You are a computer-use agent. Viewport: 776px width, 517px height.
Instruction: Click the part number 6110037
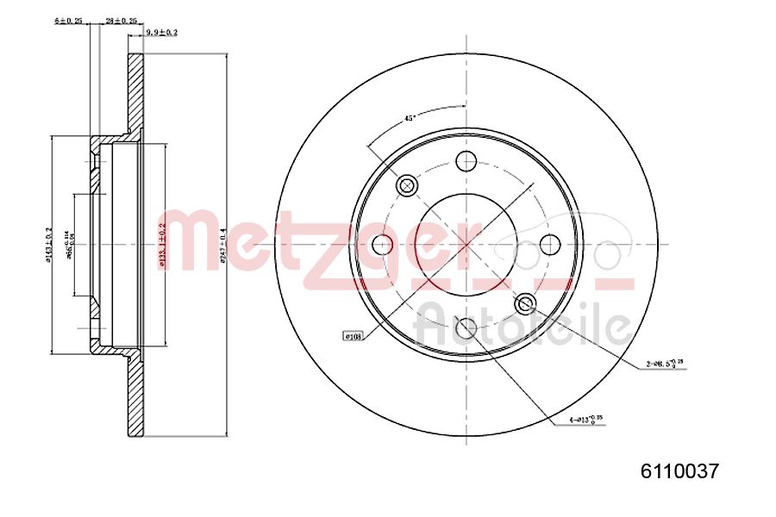679,470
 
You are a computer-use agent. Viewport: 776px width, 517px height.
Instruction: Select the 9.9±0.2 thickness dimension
161,32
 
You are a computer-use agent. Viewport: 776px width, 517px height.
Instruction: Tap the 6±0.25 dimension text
67,19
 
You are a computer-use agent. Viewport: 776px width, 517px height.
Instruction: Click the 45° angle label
411,119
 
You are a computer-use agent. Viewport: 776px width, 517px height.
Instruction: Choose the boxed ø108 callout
353,336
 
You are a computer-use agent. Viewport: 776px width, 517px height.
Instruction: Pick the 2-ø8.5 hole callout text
666,364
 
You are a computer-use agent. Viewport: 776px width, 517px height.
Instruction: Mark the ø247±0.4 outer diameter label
222,246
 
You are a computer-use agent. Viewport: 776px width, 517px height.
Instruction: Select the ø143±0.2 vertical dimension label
49,246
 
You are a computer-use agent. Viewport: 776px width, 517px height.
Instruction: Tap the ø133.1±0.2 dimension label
161,246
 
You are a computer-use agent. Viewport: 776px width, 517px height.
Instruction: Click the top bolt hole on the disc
466,160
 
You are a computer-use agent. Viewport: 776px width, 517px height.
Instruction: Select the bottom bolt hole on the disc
466,327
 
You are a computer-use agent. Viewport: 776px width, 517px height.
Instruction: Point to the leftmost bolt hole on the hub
383,245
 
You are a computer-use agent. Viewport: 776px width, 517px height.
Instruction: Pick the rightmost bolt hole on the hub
550,245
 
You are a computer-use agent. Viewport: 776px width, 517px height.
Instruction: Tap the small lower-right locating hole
525,303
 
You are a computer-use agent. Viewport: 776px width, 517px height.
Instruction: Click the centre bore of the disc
466,245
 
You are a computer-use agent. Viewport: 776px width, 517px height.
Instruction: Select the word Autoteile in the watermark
523,325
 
